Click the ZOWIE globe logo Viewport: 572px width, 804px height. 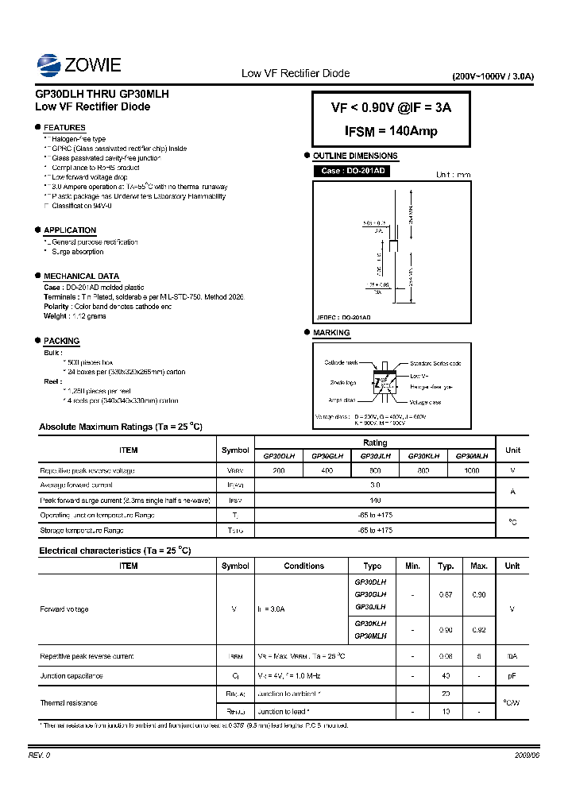pos(49,64)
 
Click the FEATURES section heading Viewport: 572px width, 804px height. pos(64,128)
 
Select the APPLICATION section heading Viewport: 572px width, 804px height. pos(70,230)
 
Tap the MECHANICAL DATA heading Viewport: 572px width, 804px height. pos(81,276)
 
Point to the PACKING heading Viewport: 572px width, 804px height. pos(61,341)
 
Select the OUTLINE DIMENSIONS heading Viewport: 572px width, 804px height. pos(355,157)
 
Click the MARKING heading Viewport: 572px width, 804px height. pos(331,333)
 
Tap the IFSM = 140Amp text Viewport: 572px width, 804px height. pos(391,131)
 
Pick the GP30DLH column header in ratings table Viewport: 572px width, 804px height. pos(279,456)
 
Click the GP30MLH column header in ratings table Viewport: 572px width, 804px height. pos(471,456)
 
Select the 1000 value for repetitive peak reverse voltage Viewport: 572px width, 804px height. pos(471,470)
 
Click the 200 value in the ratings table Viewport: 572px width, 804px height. pos(279,470)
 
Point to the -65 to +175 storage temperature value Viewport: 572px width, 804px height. pos(375,530)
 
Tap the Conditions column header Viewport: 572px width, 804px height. pos(303,566)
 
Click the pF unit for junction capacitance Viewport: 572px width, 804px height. pos(512,676)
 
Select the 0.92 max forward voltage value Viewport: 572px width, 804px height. pos(479,630)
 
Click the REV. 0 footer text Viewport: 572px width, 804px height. pos(39,755)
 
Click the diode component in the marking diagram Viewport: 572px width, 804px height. pos(385,381)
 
